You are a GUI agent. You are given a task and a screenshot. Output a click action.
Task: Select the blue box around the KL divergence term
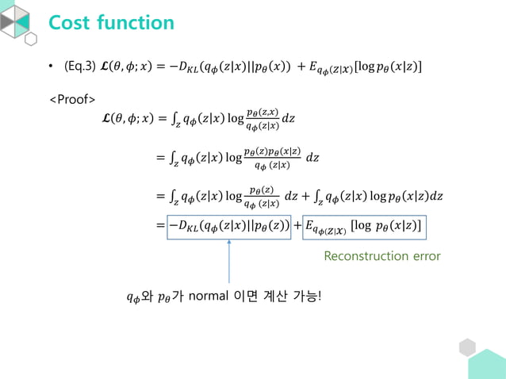(x=228, y=227)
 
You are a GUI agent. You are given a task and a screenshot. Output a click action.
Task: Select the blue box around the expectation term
(x=365, y=228)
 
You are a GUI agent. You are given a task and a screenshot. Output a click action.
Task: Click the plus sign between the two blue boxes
(x=297, y=228)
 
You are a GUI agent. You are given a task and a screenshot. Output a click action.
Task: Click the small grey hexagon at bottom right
(x=467, y=347)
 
